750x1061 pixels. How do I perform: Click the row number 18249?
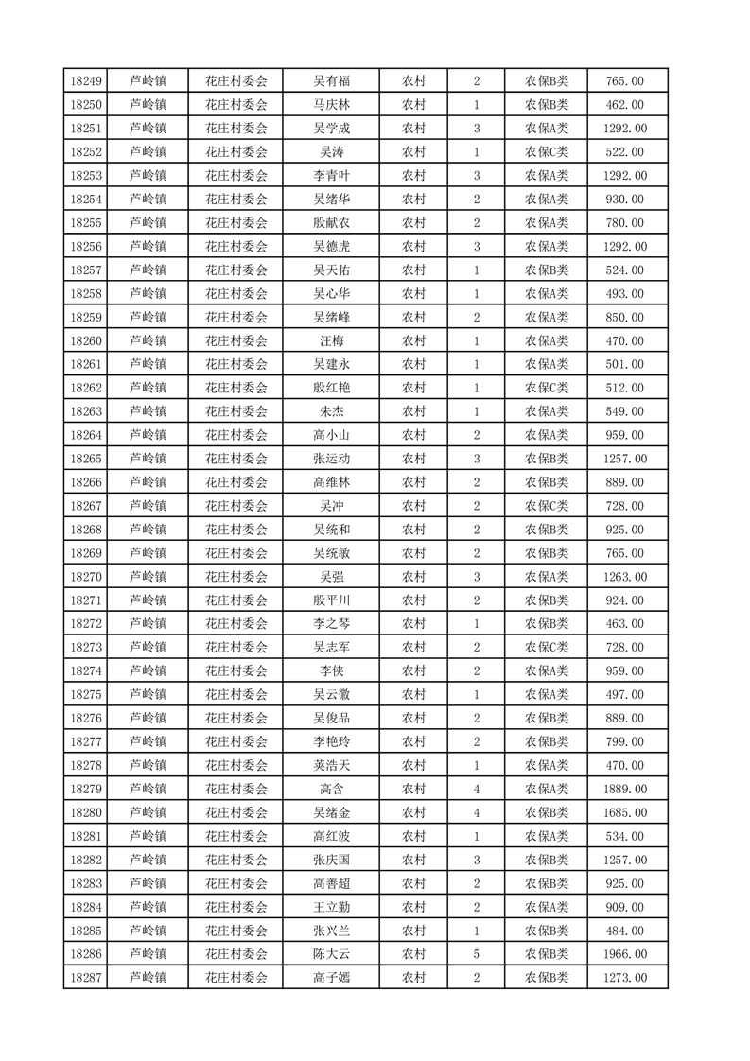(85, 81)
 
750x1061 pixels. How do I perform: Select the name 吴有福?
(331, 81)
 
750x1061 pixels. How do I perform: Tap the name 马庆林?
(331, 105)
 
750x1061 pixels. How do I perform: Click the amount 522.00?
(625, 152)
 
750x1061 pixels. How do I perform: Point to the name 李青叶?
(331, 176)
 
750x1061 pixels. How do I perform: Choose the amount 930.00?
(625, 200)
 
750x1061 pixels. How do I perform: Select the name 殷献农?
(331, 223)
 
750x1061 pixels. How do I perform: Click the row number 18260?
(85, 340)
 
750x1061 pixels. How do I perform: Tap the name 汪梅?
(331, 340)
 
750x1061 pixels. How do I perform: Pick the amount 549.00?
(625, 411)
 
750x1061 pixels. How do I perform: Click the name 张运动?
(331, 459)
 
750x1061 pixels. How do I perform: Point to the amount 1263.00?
(625, 577)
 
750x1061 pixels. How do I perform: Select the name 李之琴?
(331, 624)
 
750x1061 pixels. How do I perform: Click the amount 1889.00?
(625, 789)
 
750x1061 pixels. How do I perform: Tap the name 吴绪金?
(331, 812)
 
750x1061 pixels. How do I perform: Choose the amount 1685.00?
(625, 812)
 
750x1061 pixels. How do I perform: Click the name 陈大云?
(331, 954)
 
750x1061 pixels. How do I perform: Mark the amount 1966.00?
(625, 954)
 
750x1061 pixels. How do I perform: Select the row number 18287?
(85, 978)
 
